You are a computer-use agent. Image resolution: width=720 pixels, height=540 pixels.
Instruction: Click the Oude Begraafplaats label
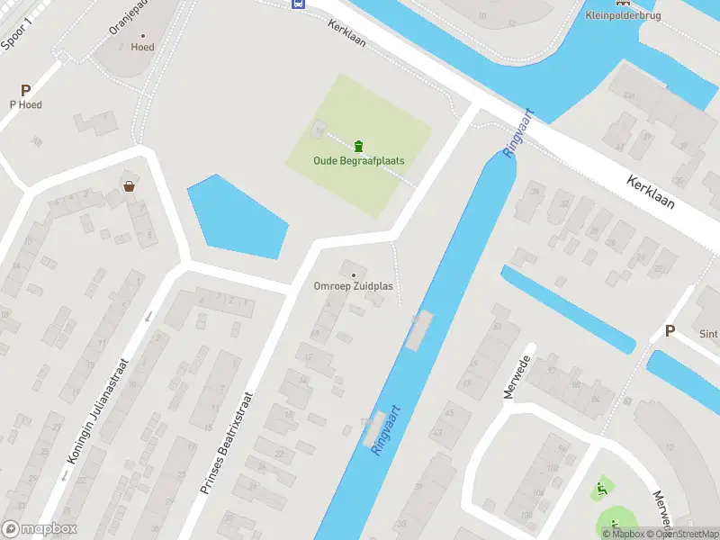358,161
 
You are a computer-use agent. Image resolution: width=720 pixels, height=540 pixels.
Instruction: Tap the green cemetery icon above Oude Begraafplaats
358,146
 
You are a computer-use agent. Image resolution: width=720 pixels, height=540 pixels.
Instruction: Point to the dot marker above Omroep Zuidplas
353,274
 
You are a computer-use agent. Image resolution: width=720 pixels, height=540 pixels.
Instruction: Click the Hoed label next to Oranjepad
142,47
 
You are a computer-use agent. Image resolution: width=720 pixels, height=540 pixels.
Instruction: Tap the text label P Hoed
25,104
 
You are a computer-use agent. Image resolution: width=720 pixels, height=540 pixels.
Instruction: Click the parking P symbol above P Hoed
25,90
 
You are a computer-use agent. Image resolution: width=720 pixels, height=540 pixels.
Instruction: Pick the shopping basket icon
130,186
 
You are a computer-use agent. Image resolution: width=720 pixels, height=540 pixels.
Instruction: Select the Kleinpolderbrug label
623,16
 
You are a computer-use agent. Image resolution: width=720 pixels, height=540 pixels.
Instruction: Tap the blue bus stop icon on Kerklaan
297,4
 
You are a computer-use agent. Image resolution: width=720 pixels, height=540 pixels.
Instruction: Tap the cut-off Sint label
708,334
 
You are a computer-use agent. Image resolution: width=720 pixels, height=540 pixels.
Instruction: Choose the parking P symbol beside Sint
670,331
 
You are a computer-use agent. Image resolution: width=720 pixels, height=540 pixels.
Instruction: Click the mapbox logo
40,529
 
